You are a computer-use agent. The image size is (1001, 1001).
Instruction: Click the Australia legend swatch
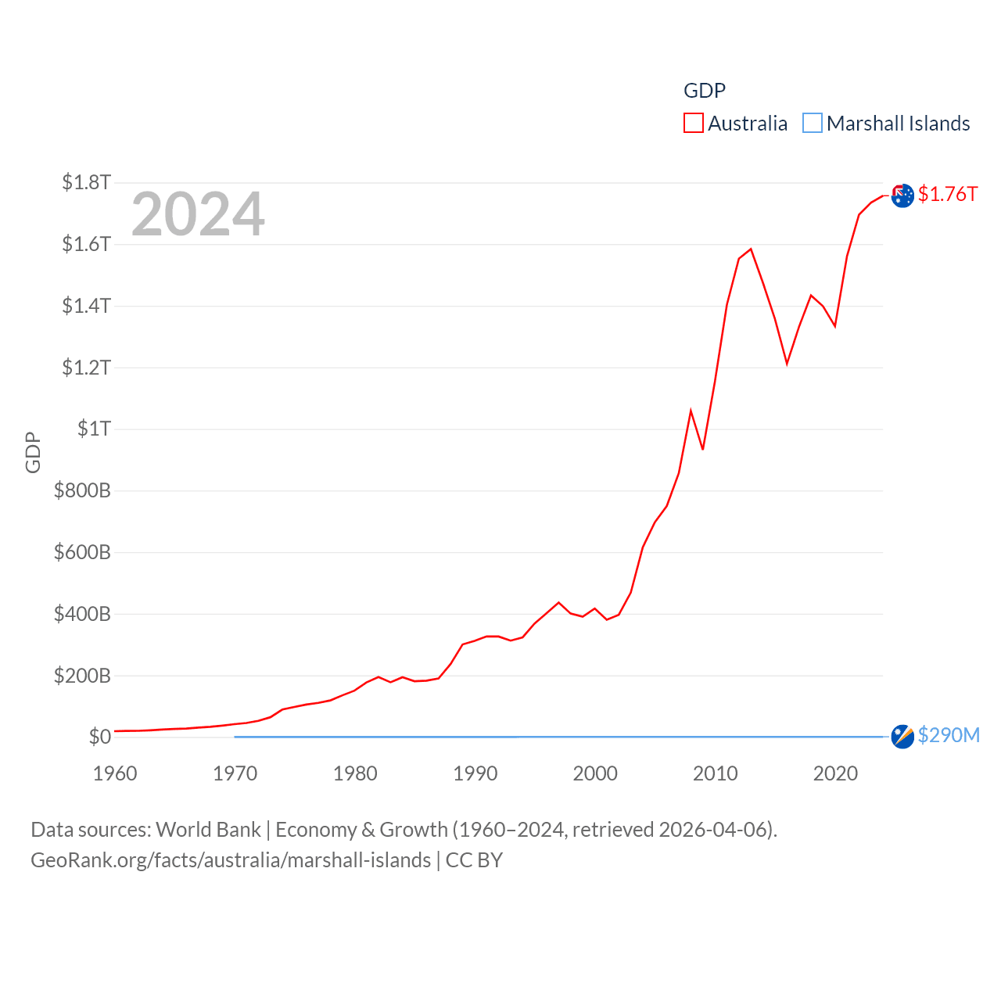(693, 124)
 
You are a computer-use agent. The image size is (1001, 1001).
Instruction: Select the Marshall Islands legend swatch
(813, 124)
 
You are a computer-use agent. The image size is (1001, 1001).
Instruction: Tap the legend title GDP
(705, 91)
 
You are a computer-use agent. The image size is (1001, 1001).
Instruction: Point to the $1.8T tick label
(86, 182)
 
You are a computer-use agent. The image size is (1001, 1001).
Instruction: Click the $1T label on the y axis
(94, 429)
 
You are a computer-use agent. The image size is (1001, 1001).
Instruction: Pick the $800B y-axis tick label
(82, 490)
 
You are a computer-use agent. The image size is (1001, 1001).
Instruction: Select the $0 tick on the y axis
(99, 737)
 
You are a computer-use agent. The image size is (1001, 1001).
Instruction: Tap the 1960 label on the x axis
(115, 773)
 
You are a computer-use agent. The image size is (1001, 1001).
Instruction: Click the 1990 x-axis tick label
(475, 773)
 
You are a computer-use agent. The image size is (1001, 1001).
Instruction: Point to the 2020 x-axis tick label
(835, 773)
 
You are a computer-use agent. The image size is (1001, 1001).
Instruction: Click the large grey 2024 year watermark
(198, 214)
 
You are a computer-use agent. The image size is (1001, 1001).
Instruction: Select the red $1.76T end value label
(948, 194)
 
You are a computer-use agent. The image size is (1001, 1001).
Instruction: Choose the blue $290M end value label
(949, 735)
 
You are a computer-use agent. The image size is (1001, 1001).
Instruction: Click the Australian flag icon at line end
(902, 196)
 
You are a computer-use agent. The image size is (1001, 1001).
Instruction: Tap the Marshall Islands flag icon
(902, 737)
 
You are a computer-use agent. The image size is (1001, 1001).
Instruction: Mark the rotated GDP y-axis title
(33, 452)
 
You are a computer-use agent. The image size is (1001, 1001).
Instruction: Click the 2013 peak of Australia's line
(751, 249)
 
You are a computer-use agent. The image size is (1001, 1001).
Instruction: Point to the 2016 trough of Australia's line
(787, 363)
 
